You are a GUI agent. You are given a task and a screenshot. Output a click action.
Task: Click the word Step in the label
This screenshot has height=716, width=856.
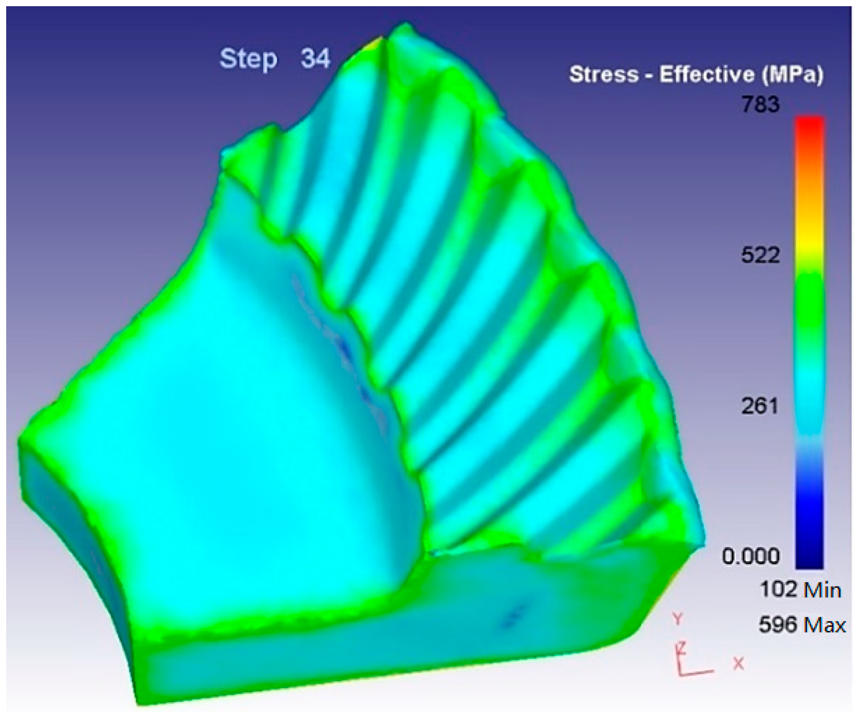click(248, 59)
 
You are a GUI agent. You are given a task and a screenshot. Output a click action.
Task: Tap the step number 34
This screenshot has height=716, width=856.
click(315, 58)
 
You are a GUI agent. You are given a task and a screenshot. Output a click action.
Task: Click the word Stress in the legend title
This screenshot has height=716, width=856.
click(603, 75)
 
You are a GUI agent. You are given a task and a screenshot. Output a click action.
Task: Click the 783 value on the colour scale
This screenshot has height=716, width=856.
click(761, 105)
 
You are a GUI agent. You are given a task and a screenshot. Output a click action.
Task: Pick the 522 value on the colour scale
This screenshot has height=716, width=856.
click(761, 255)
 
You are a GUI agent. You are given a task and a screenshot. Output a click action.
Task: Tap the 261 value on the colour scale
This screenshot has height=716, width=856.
click(760, 406)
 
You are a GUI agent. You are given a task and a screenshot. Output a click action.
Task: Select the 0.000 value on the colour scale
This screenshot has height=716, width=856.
click(751, 556)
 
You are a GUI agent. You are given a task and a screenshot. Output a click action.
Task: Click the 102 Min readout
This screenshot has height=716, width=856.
click(800, 590)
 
